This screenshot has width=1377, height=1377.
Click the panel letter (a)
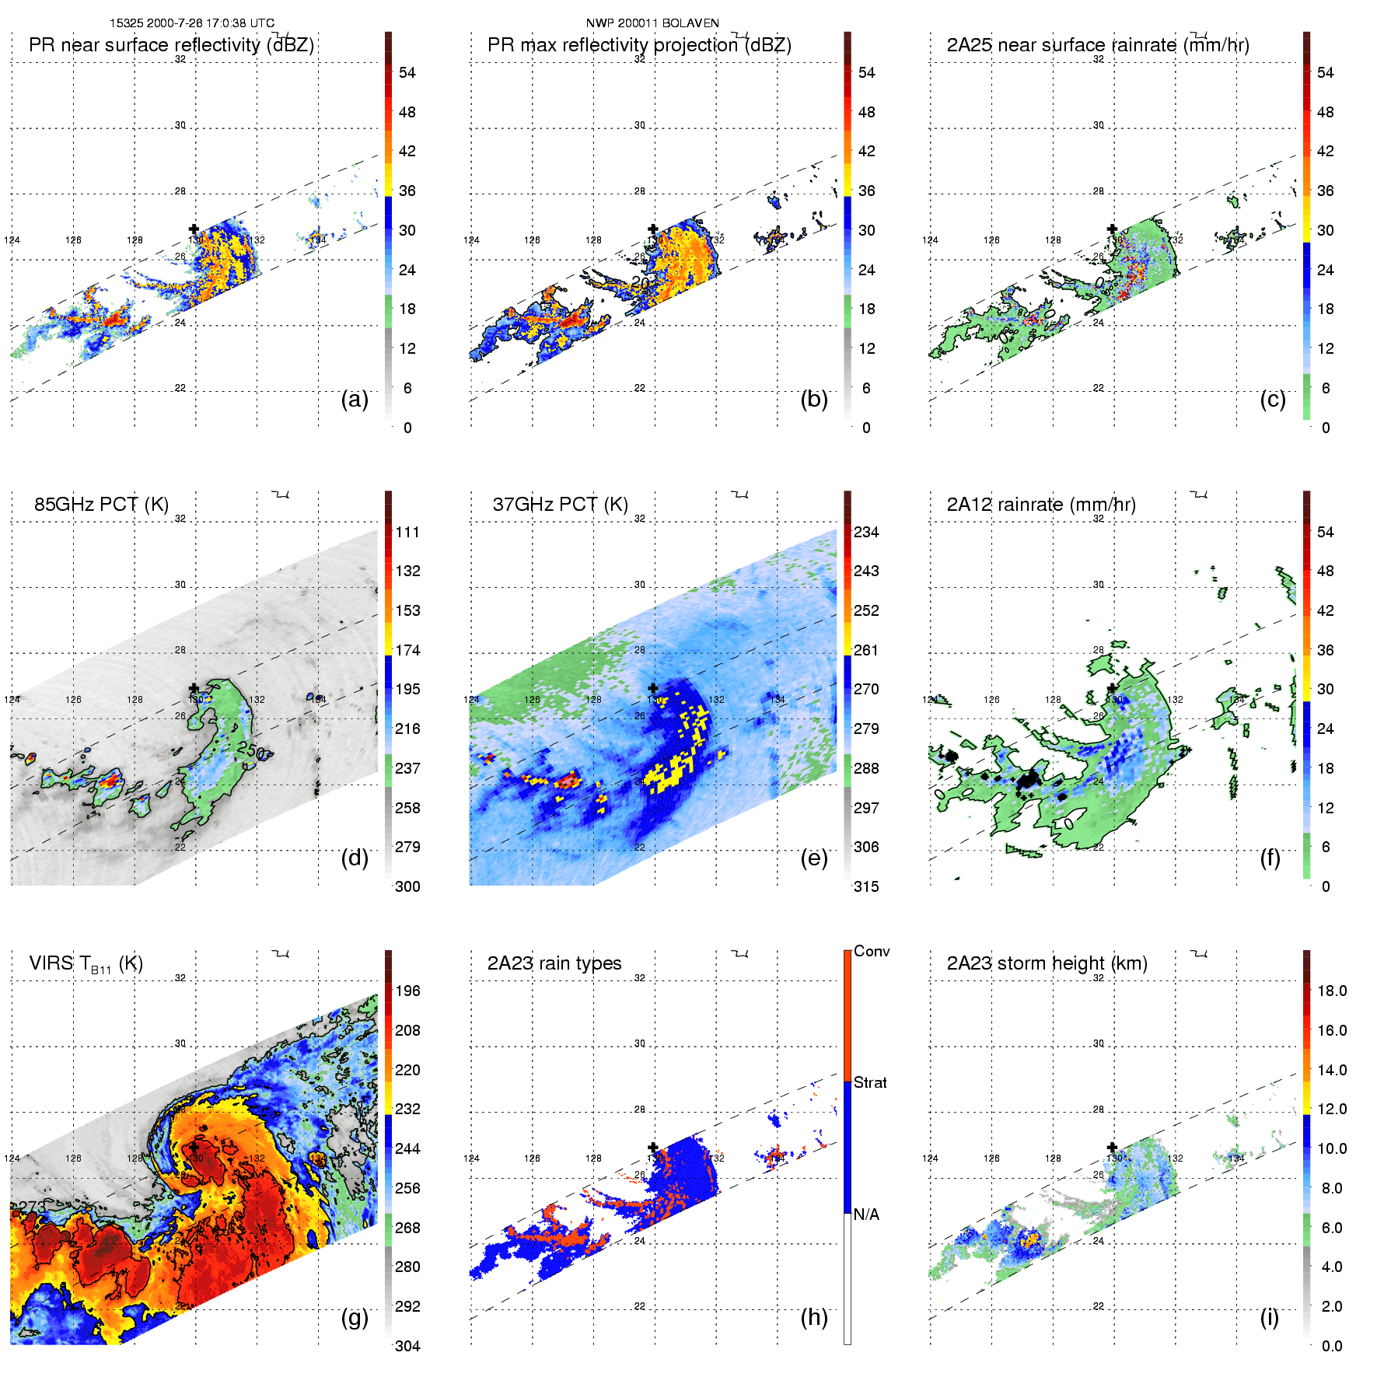[x=355, y=399]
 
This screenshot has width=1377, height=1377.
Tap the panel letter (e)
[x=814, y=858]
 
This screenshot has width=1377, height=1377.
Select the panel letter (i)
[x=1269, y=1317]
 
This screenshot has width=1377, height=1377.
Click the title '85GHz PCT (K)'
[x=101, y=504]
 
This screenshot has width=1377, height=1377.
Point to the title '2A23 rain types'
[x=554, y=963]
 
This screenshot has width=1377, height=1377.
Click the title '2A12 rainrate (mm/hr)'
[x=1041, y=504]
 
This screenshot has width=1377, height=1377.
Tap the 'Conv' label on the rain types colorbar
[x=872, y=951]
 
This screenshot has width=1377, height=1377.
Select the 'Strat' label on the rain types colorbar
[x=870, y=1082]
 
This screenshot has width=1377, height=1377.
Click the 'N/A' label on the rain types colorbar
[x=866, y=1214]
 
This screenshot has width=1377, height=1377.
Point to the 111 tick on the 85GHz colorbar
[x=407, y=532]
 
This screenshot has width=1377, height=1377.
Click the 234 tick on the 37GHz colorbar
[x=866, y=532]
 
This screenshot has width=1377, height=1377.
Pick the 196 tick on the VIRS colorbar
[x=407, y=991]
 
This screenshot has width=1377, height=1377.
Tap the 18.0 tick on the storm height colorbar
[x=1332, y=991]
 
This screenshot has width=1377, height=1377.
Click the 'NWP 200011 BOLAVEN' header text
[x=652, y=23]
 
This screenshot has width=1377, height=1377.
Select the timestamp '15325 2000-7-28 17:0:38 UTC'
[x=192, y=23]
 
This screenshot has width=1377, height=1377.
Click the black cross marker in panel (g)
[x=194, y=1147]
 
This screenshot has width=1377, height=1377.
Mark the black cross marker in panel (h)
[x=653, y=1147]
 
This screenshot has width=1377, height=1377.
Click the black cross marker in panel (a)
[x=194, y=229]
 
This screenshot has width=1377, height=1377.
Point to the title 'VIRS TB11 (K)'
[x=86, y=964]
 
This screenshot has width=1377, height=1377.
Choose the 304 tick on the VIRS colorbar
[x=407, y=1346]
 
